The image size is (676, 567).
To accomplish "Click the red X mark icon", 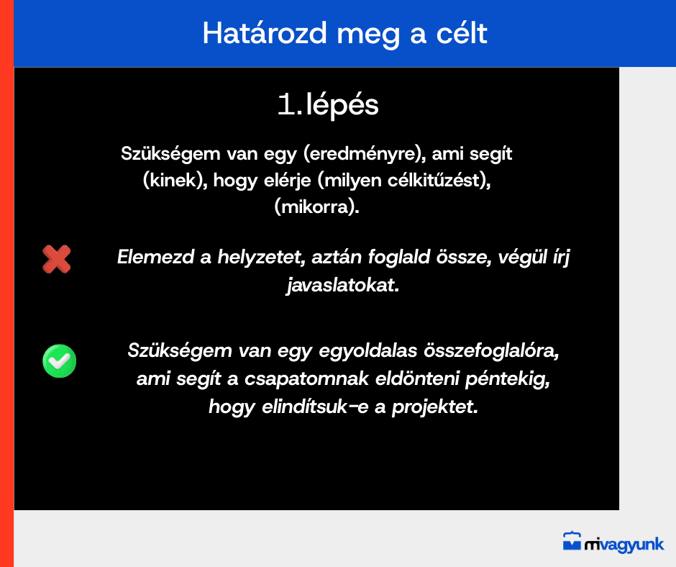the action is tap(57, 259).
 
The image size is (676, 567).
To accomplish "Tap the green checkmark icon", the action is tap(60, 360).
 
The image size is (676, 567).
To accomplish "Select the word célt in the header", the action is tap(462, 33).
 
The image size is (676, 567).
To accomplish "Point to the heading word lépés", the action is tap(342, 105).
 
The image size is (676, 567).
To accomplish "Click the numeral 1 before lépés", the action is tap(286, 104).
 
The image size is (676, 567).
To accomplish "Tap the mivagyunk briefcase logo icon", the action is tap(572, 541).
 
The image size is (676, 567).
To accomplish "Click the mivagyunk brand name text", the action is tap(624, 545).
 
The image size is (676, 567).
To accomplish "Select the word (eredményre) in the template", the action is tap(365, 154).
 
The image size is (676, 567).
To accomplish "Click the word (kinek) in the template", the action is tap(175, 181).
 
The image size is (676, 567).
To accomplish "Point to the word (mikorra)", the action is tap(317, 207).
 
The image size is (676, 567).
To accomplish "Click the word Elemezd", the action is tap(155, 257).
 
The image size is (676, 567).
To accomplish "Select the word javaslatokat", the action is tap(343, 285).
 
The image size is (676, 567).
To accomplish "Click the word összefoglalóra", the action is tap(491, 350).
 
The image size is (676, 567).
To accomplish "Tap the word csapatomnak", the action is tap(306, 379).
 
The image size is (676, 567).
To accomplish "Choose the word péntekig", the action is tap(508, 379).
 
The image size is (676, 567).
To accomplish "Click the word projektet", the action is tap(434, 407).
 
